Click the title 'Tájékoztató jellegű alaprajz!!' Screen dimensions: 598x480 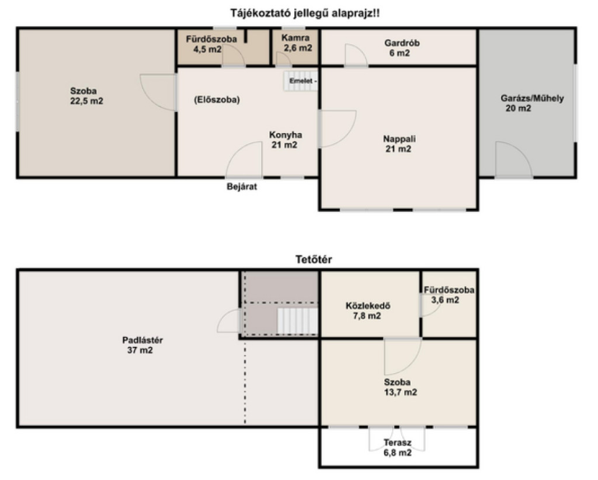(305, 13)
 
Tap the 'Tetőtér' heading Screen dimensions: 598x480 (314, 259)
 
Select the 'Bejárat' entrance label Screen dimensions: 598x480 (242, 187)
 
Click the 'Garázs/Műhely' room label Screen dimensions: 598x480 (532, 98)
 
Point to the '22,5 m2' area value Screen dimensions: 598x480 (86, 101)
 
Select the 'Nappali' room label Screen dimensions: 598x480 (399, 139)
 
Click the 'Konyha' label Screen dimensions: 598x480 (286, 134)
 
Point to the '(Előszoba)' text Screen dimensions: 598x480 (217, 99)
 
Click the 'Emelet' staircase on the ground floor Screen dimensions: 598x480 (301, 81)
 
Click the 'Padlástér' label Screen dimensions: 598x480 (142, 340)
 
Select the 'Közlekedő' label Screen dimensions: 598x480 (368, 306)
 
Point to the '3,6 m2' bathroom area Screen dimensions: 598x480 (445, 300)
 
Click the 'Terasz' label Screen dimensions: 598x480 (397, 443)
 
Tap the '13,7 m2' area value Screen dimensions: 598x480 (401, 392)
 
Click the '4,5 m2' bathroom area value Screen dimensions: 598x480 (207, 49)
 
